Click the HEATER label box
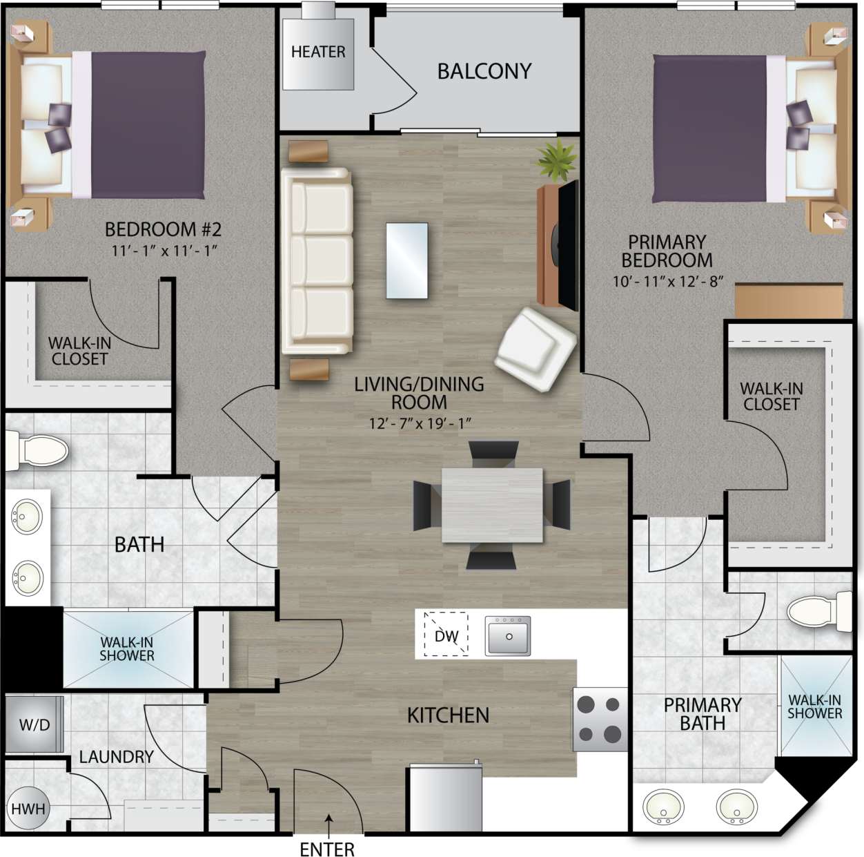(x=318, y=53)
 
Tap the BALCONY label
(x=484, y=71)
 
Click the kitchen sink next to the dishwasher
(x=508, y=636)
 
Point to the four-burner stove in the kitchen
(x=599, y=720)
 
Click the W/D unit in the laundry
(x=35, y=724)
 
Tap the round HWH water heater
(x=28, y=809)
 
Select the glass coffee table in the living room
(x=406, y=260)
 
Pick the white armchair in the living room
(x=536, y=349)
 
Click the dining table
(x=492, y=505)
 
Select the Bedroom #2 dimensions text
(x=164, y=251)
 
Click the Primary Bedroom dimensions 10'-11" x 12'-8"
(x=667, y=281)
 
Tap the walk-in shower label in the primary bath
(x=814, y=706)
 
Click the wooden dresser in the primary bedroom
(x=789, y=300)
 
